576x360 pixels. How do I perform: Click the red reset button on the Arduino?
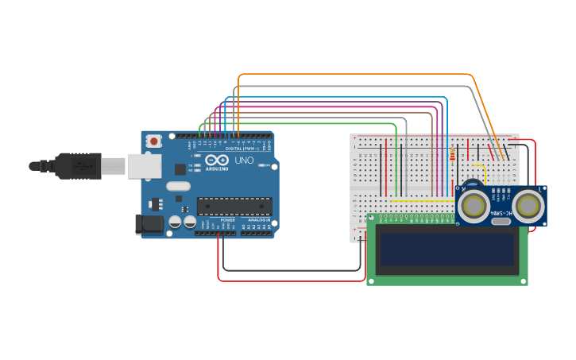coord(153,141)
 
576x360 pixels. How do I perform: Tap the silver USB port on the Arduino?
coord(143,165)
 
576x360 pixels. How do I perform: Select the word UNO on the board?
coord(245,161)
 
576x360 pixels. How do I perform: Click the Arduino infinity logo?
coord(217,160)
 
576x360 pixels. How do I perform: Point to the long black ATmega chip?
coord(234,206)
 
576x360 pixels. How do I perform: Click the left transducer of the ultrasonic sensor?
coord(474,206)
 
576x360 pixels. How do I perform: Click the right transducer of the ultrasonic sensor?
coord(528,206)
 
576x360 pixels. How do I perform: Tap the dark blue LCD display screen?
coord(447,249)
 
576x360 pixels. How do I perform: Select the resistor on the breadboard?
coord(453,154)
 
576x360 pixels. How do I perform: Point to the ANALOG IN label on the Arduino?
coord(257,220)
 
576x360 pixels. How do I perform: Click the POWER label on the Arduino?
coord(227,220)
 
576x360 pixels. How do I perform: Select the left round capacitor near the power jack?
coord(175,223)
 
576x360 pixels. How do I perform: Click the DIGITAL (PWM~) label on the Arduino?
coord(241,149)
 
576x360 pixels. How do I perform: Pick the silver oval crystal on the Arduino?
coord(178,186)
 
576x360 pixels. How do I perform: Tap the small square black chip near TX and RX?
coord(180,168)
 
